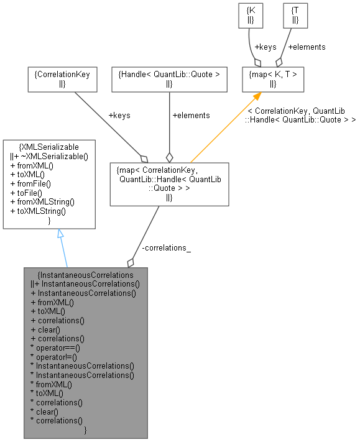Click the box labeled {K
[x=250, y=16]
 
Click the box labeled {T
[x=294, y=16]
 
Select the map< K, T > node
[x=273, y=79]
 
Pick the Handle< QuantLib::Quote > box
[x=169, y=78]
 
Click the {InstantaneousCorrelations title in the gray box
[x=86, y=274]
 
